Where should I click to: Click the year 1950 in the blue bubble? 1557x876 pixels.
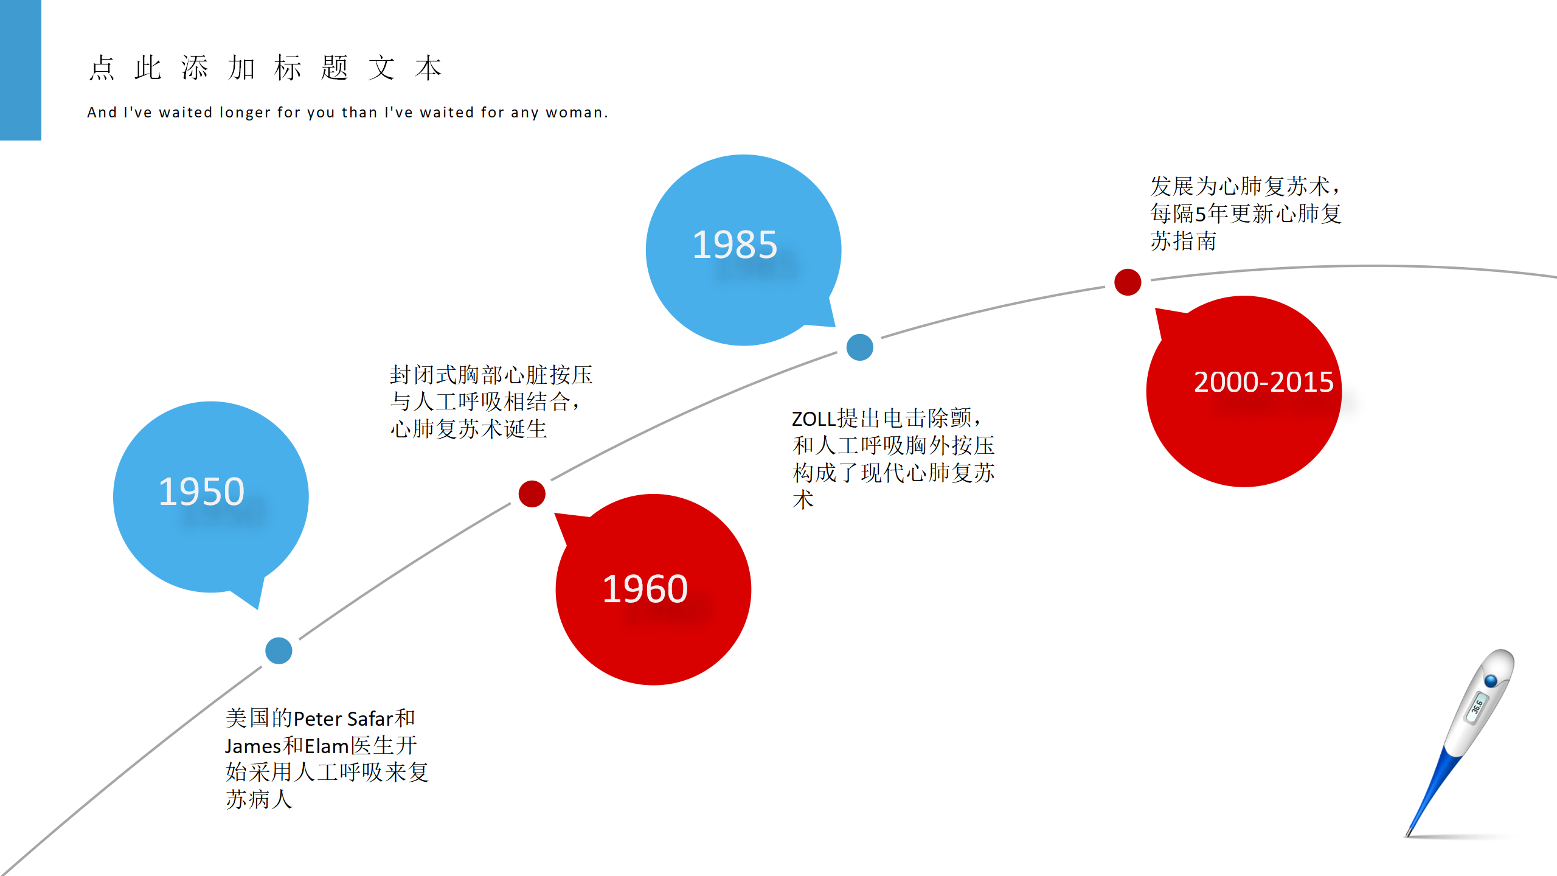201,492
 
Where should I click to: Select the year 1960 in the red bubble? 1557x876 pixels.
645,589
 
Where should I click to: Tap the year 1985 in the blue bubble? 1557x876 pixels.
735,245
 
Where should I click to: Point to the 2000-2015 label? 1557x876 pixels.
1264,382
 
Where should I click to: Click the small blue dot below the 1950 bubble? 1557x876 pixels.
279,651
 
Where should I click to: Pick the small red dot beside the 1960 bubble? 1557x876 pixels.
532,493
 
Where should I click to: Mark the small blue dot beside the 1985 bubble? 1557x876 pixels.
860,347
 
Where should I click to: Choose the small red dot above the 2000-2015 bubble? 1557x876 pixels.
1128,282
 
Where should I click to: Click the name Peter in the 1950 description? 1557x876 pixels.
318,719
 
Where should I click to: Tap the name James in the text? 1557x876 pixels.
253,746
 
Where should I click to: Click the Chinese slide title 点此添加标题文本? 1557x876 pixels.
265,68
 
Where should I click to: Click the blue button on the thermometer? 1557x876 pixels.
1491,680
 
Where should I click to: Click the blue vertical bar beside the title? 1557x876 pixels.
21,70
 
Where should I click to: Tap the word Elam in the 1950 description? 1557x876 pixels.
327,746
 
